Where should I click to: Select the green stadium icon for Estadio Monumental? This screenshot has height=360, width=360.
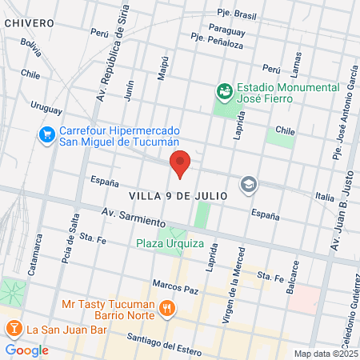(x=225, y=92)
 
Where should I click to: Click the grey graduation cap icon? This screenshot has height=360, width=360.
(x=249, y=185)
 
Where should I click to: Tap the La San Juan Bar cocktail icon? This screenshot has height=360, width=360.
(x=14, y=328)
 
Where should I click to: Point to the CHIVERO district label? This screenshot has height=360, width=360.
(x=29, y=23)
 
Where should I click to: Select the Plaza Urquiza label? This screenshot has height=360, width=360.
(x=170, y=243)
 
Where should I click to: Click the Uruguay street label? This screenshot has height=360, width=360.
(x=46, y=105)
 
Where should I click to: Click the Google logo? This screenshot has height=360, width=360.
(x=27, y=350)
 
